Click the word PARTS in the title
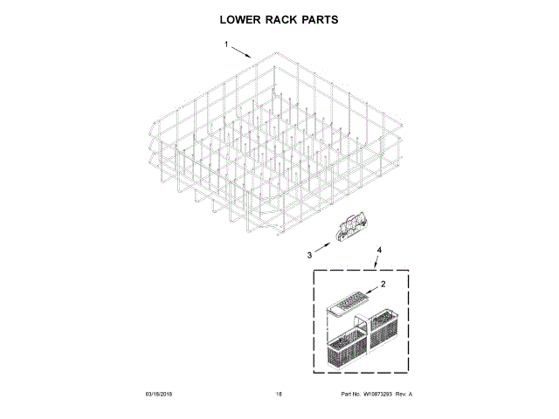tap(319, 18)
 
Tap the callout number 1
tap(225, 45)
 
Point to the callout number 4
tap(379, 251)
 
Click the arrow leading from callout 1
tap(242, 52)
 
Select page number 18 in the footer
tap(279, 395)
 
